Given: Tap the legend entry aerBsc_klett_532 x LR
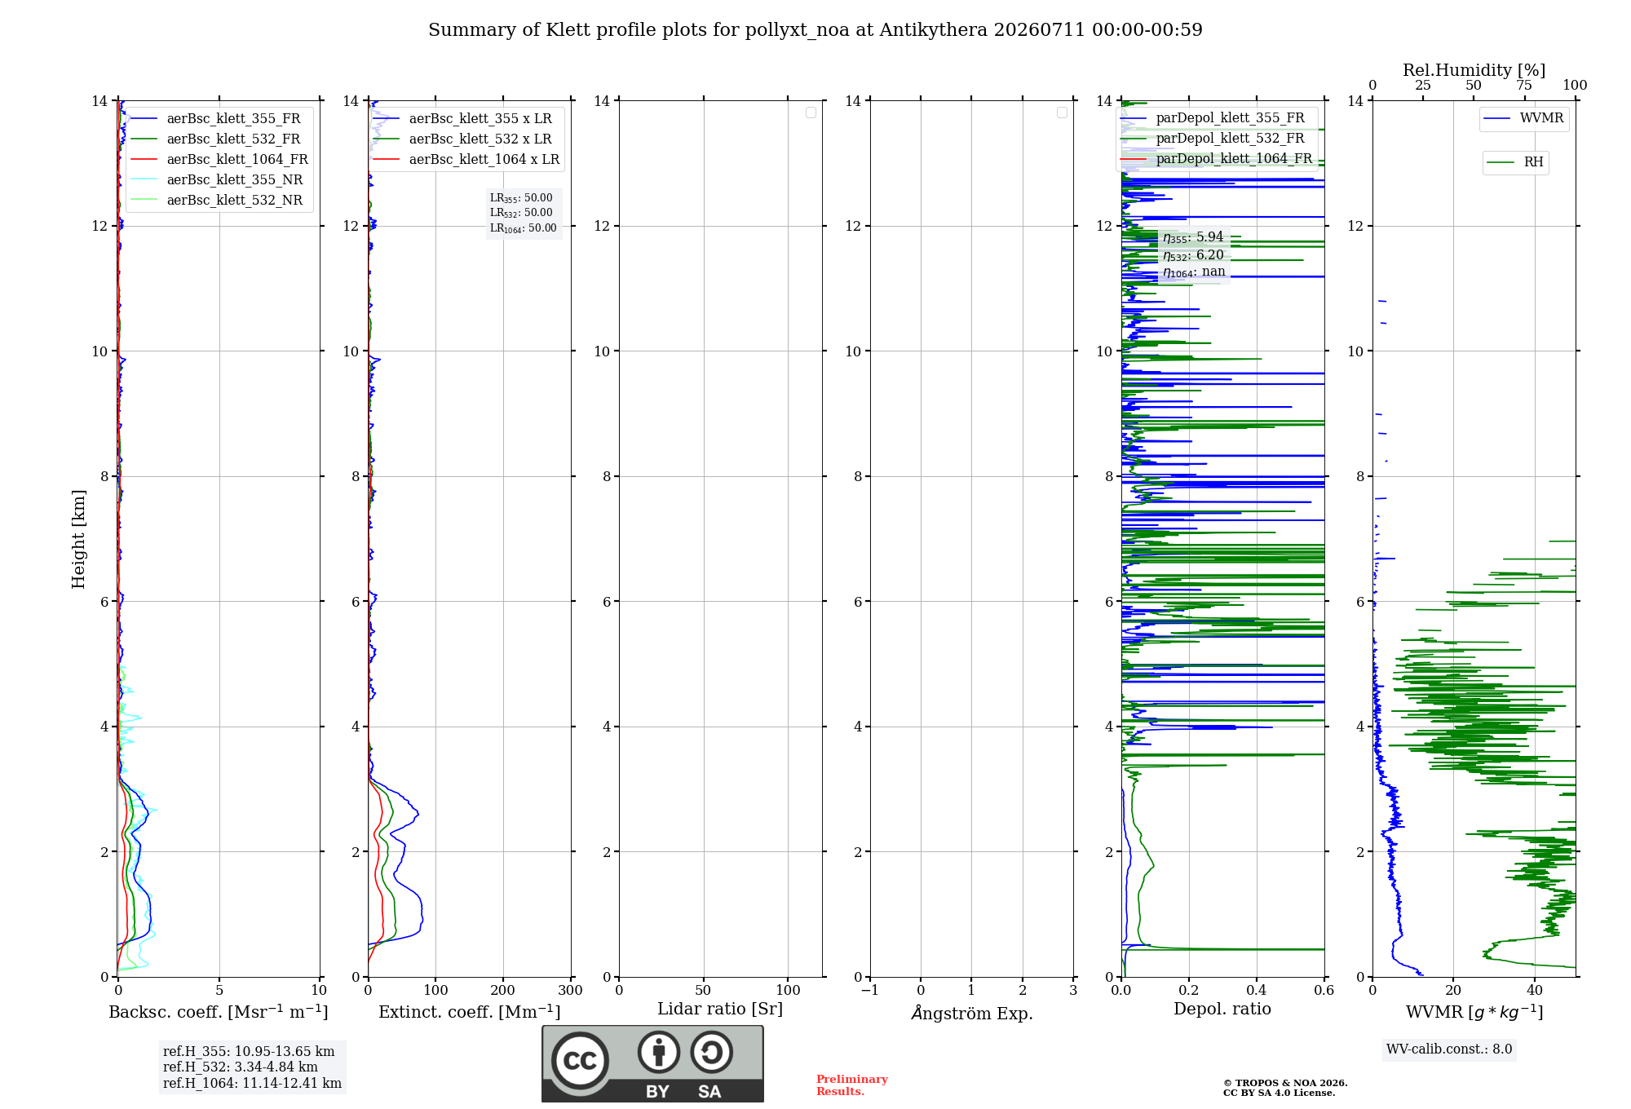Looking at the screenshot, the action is pyautogui.click(x=462, y=139).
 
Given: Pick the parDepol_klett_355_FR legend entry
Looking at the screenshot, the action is pyautogui.click(x=1213, y=118).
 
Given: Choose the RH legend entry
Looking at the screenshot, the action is pyautogui.click(x=1515, y=162).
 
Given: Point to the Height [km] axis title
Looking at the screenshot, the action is pyautogui.click(x=78, y=539).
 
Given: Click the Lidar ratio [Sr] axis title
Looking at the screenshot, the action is pyautogui.click(x=720, y=1010).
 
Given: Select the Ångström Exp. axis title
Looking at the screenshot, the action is pyautogui.click(x=972, y=1013).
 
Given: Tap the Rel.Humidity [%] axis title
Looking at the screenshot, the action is pyautogui.click(x=1474, y=70).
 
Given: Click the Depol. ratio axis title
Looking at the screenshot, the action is pyautogui.click(x=1222, y=1009).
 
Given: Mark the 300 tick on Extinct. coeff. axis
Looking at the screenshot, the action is pyautogui.click(x=571, y=990).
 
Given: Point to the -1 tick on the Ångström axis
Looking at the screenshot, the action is pyautogui.click(x=870, y=990).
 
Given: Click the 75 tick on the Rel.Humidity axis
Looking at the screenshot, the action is pyautogui.click(x=1524, y=86).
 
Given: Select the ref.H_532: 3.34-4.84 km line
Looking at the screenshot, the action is pyautogui.click(x=241, y=1067).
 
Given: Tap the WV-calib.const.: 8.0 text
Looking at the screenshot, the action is pyautogui.click(x=1449, y=1049).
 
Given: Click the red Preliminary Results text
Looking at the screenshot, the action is pyautogui.click(x=852, y=1085).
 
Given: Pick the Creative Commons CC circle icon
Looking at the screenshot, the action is pyautogui.click(x=580, y=1061).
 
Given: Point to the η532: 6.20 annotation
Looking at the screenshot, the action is pyautogui.click(x=1194, y=255).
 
